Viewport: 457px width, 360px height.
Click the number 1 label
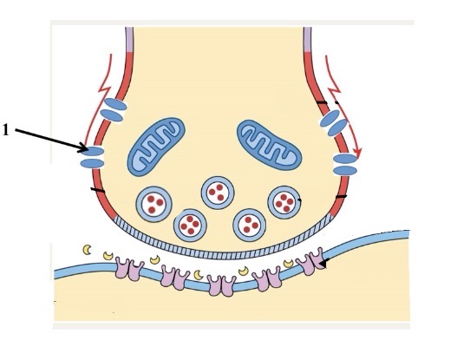click(x=5, y=130)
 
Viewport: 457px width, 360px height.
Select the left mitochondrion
click(x=156, y=147)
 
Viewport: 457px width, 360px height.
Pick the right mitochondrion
click(x=270, y=145)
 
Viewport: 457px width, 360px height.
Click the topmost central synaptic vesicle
click(x=218, y=193)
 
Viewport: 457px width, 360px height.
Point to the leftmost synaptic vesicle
click(x=153, y=204)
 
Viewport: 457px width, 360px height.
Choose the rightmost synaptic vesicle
click(x=284, y=202)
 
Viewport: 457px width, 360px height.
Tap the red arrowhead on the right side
click(x=357, y=152)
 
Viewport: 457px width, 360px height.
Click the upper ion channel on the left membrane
click(x=114, y=110)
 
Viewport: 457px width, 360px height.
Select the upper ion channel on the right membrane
click(x=334, y=123)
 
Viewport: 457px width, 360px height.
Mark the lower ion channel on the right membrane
click(x=345, y=165)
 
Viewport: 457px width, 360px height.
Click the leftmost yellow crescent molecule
click(x=87, y=250)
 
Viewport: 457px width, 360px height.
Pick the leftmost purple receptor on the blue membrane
click(x=129, y=269)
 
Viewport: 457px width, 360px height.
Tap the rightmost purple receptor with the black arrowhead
click(x=310, y=261)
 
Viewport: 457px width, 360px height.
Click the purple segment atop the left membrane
click(x=129, y=40)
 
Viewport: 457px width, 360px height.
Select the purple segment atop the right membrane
click(x=307, y=40)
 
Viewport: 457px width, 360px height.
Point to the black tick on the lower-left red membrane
click(x=98, y=190)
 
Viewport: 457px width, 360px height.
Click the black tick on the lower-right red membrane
click(x=341, y=197)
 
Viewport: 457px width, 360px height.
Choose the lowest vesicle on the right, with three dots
click(x=250, y=225)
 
